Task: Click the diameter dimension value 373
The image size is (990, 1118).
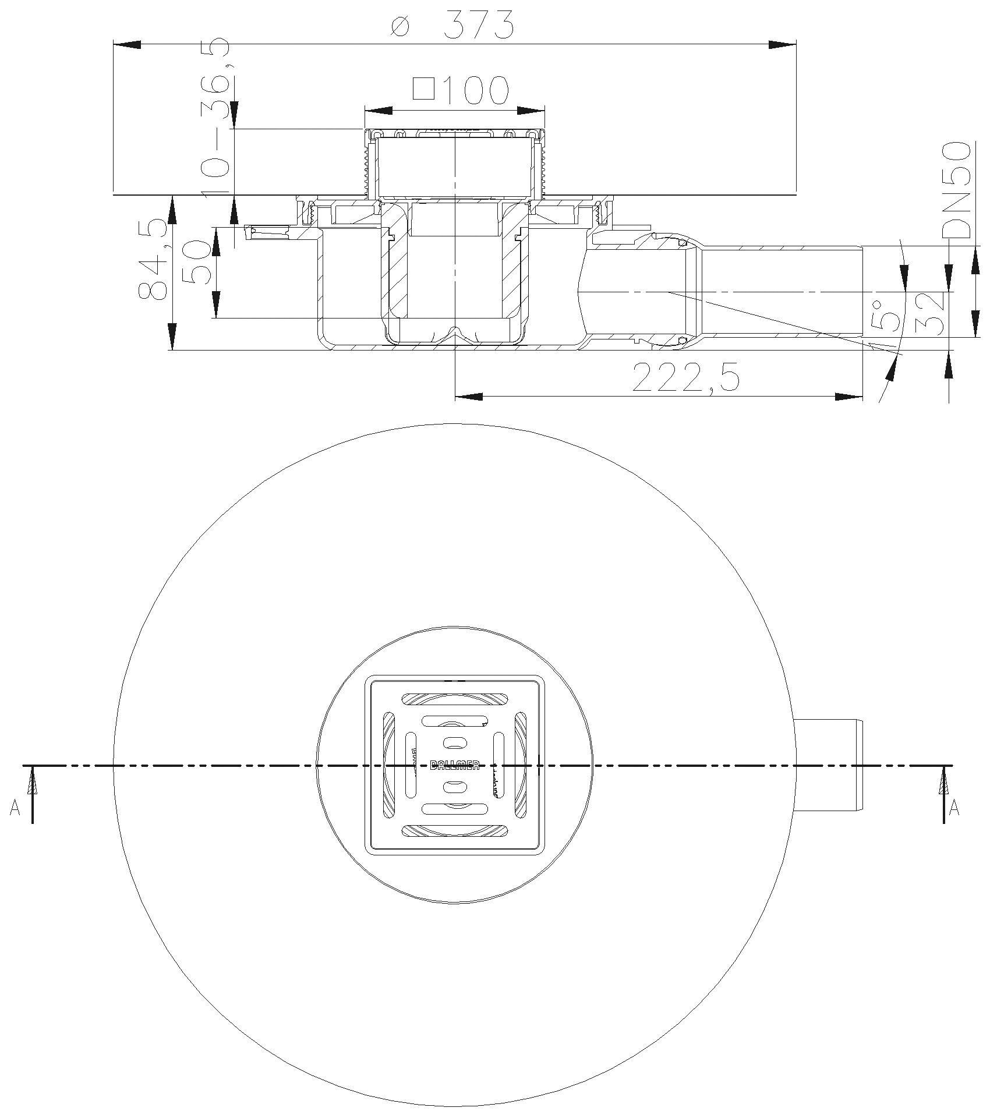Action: (479, 25)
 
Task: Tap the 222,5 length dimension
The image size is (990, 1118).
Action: (685, 378)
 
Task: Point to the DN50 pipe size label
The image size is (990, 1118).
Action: (956, 190)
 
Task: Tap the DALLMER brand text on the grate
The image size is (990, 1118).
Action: (454, 765)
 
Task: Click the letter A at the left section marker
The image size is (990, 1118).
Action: (15, 808)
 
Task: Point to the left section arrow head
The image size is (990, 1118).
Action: (33, 780)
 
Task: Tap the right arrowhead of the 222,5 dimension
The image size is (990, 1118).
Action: (848, 397)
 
